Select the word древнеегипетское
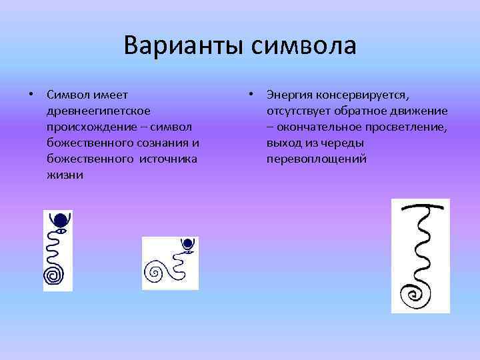tap(99, 110)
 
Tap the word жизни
tap(65, 175)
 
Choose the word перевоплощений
tap(317, 159)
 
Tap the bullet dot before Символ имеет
tap(31, 94)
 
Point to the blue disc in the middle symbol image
tap(189, 243)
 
